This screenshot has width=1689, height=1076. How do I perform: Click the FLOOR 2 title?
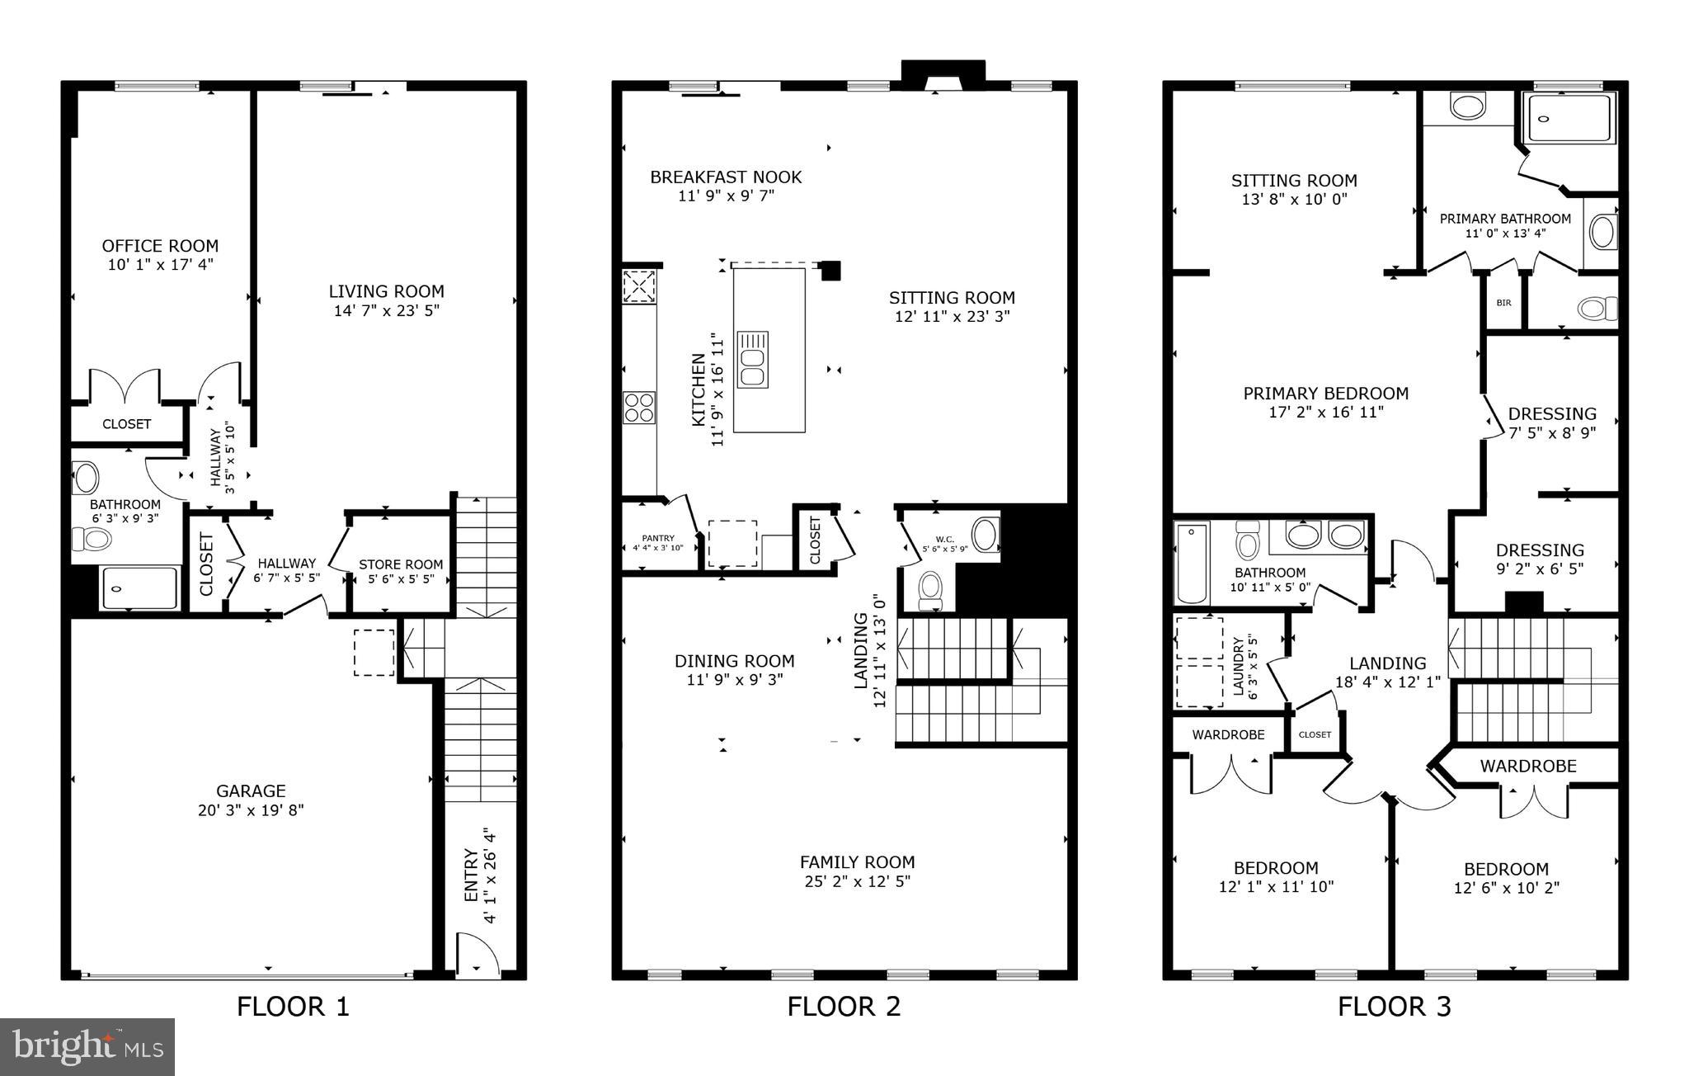(x=844, y=1007)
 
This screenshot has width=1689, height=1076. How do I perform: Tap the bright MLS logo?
(x=87, y=1046)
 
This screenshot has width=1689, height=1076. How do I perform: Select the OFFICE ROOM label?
(x=160, y=246)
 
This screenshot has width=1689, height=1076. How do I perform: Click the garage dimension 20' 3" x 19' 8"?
(x=251, y=810)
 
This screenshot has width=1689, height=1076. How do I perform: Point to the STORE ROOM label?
(x=401, y=564)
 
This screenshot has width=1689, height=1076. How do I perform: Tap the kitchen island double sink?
(x=752, y=360)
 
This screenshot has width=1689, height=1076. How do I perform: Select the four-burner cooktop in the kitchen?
(x=639, y=407)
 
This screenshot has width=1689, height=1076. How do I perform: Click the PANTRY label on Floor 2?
(x=658, y=538)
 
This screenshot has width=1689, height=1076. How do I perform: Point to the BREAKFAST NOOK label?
(x=726, y=177)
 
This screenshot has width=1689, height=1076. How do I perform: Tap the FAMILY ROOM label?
(x=857, y=862)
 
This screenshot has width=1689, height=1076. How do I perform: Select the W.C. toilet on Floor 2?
(x=931, y=588)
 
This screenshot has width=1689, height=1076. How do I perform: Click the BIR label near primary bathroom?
(x=1503, y=303)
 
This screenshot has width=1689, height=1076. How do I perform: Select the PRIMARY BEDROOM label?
(x=1325, y=394)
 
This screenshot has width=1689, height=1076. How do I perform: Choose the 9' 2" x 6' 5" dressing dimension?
(x=1539, y=569)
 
